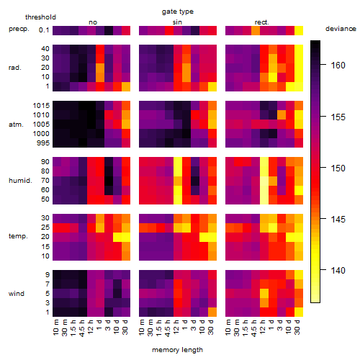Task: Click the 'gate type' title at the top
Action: (178, 12)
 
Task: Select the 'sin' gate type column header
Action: (177, 22)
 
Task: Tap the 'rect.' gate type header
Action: (262, 22)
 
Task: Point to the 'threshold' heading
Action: (40, 17)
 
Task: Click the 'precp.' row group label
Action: (19, 29)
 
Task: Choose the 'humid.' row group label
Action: (20, 181)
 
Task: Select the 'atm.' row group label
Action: (16, 125)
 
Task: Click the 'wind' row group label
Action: (17, 294)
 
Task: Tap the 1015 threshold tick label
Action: (41, 106)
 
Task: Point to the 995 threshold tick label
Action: (43, 143)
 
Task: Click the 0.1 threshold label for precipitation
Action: (44, 30)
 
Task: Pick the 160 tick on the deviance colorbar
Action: (338, 65)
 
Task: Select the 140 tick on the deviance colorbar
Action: (338, 271)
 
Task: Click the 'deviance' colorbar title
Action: (341, 29)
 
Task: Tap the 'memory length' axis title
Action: (177, 350)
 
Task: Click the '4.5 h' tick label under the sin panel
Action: (168, 328)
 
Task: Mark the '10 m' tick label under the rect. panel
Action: (228, 327)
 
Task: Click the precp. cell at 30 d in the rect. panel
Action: (299, 30)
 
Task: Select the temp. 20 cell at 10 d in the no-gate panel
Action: (117, 237)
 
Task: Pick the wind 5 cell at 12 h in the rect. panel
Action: (264, 294)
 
